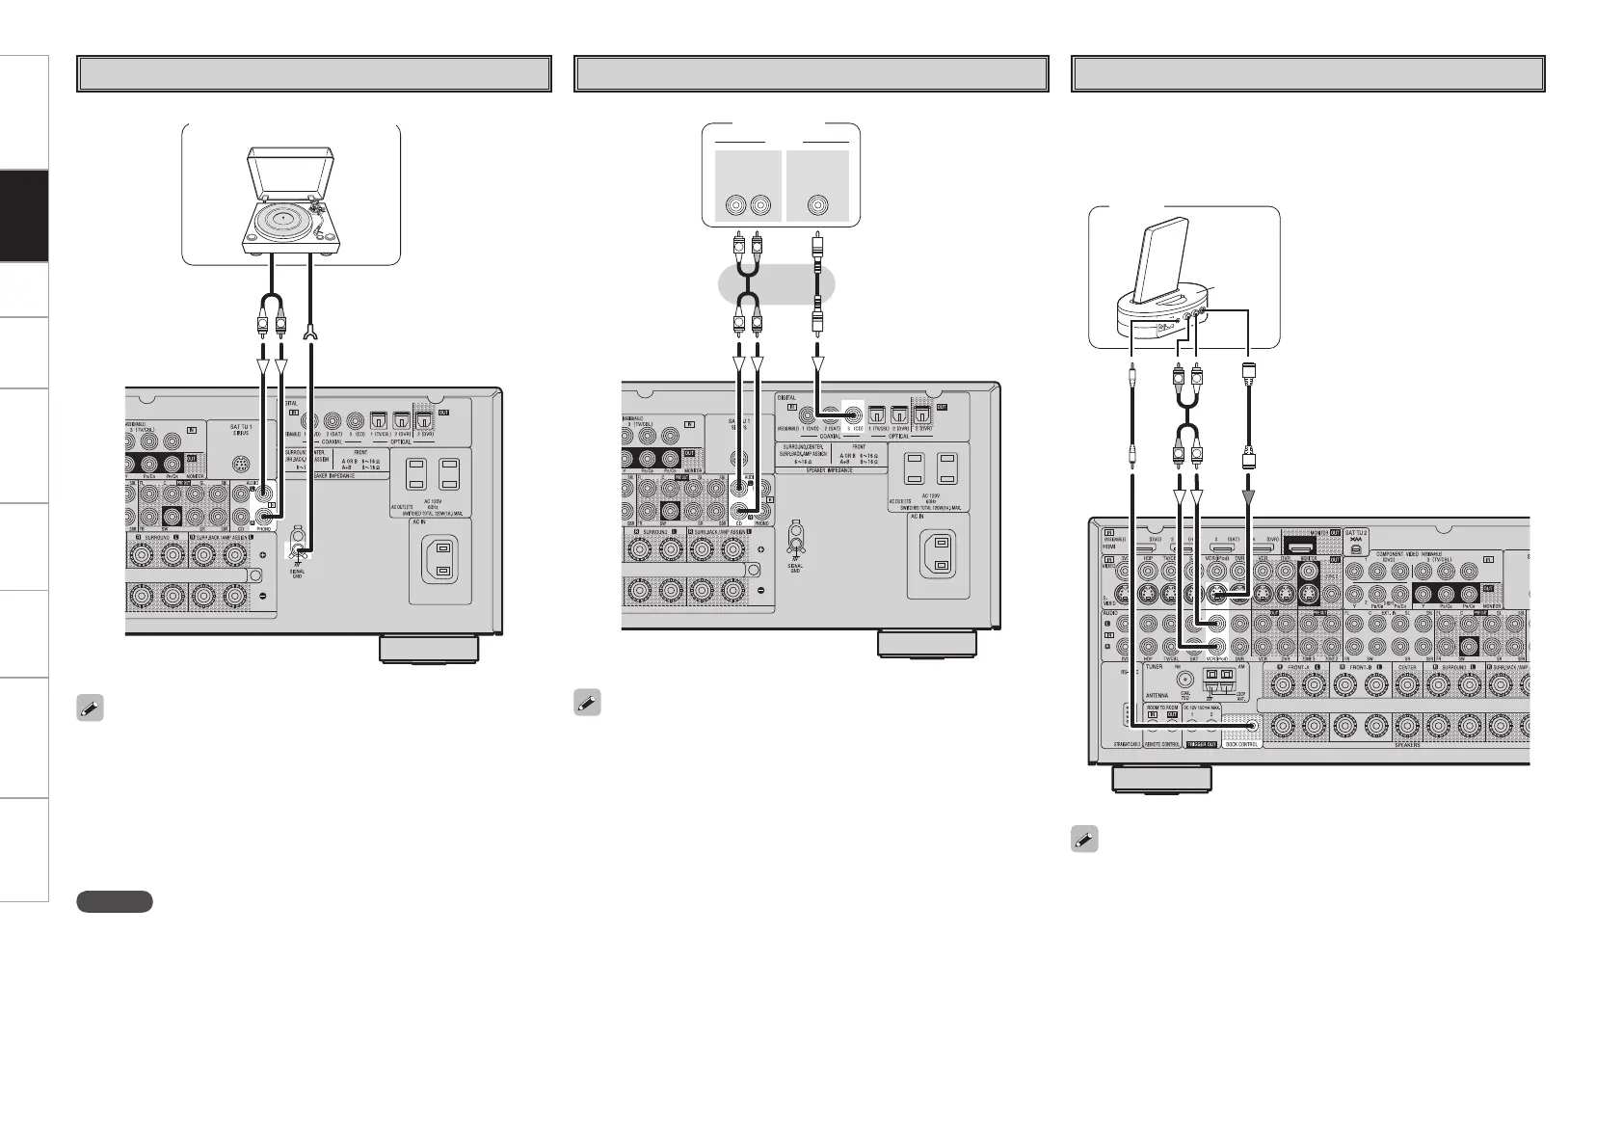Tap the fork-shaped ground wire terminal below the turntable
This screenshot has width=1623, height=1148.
click(309, 334)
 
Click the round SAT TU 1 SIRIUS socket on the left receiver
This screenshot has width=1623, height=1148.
click(244, 464)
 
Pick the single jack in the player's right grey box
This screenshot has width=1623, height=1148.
click(817, 204)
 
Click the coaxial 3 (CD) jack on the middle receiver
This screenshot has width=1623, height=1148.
click(852, 417)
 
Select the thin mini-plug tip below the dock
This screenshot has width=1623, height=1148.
click(1132, 370)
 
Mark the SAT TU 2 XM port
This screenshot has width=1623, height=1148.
click(1356, 547)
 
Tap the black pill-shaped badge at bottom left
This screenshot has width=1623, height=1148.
click(114, 901)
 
